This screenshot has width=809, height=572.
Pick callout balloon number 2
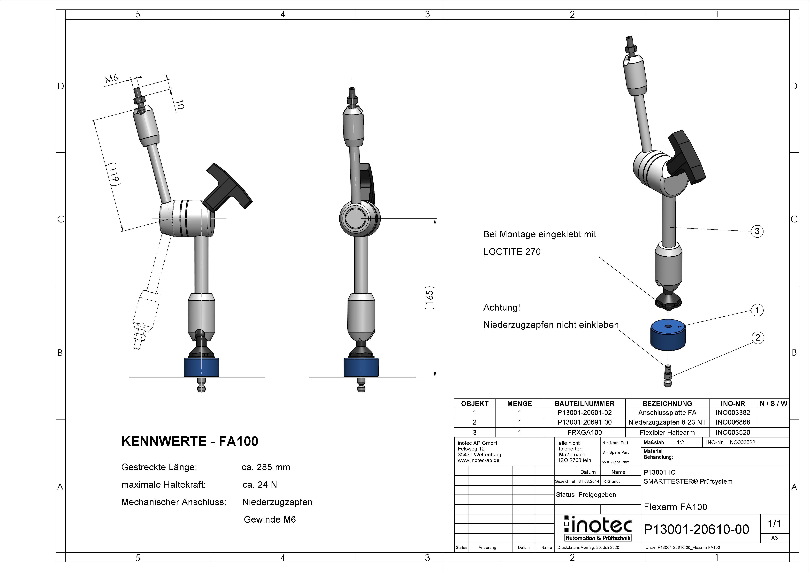(x=758, y=338)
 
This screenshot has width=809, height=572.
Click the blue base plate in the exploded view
(x=668, y=335)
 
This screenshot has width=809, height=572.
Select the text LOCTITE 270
(x=512, y=252)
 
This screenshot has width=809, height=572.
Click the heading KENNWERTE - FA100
(x=190, y=441)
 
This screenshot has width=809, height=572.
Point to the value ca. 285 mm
(x=266, y=467)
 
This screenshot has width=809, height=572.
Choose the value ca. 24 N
(x=260, y=485)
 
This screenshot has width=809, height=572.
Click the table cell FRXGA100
(x=585, y=432)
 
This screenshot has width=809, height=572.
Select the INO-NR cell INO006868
(x=733, y=422)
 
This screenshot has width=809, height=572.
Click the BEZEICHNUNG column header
(x=667, y=404)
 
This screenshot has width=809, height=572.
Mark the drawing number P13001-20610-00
(x=696, y=529)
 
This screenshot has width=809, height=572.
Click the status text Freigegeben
(x=597, y=495)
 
